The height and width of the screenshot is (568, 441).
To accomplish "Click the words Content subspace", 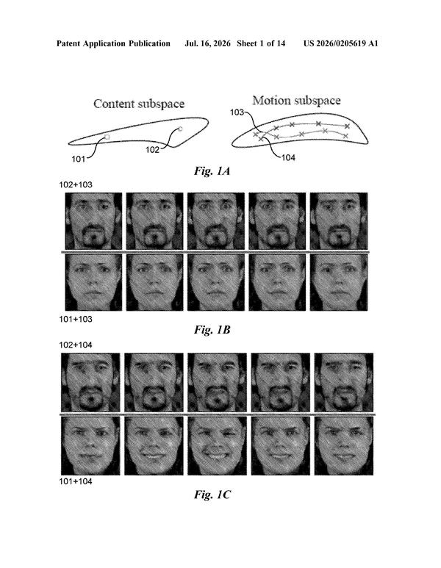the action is click(139, 104).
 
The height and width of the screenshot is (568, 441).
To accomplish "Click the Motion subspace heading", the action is click(296, 101).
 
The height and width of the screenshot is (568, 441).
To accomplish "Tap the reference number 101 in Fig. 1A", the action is click(78, 159).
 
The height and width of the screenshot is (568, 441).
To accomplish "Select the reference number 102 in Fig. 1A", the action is click(153, 150).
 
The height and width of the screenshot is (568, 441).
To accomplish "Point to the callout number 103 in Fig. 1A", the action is click(237, 112).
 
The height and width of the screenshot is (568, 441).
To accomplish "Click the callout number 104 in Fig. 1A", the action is click(288, 157).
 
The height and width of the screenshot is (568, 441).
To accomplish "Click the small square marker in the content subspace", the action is click(107, 137).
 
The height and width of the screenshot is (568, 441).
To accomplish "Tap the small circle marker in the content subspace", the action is click(181, 129).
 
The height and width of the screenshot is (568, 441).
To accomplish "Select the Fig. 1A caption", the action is click(212, 171).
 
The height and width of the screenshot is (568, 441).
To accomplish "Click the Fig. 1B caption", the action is click(212, 330).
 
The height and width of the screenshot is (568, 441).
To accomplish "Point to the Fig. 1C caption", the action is click(212, 495).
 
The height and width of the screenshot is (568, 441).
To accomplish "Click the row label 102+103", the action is click(76, 184).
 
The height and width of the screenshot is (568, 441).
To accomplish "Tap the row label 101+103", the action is click(76, 319).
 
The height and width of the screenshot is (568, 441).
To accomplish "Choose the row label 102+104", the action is click(76, 345).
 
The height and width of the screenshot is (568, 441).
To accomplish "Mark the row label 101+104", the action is click(76, 481).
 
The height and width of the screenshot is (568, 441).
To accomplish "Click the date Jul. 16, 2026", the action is click(207, 44).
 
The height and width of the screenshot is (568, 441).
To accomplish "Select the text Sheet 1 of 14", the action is click(261, 44).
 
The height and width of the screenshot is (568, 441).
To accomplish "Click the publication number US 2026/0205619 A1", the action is click(340, 44).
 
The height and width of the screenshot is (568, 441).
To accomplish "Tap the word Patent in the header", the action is click(68, 44).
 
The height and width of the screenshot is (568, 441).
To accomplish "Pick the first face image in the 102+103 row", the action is click(93, 221).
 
